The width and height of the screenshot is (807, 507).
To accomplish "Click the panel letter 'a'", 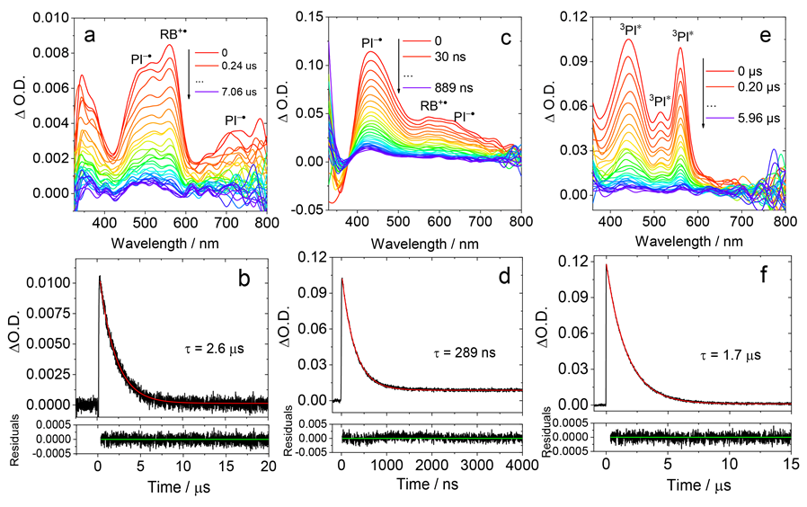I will click(x=89, y=37).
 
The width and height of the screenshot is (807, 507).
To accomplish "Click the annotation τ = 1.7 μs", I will click(x=731, y=355).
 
